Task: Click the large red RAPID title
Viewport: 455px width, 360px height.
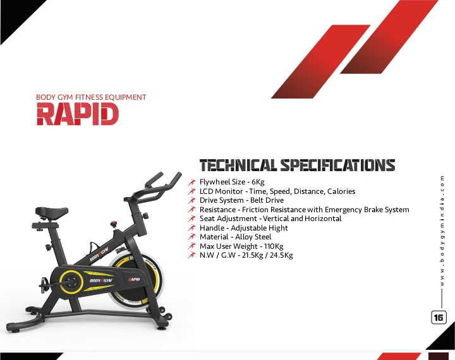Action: tap(78, 114)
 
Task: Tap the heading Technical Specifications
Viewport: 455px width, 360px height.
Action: tap(298, 165)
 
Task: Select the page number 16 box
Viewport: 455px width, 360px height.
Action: tap(439, 317)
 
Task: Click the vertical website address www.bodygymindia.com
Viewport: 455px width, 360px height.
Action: tap(442, 231)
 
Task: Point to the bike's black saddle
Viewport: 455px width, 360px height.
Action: tap(52, 213)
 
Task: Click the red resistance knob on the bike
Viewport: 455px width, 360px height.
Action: tap(114, 224)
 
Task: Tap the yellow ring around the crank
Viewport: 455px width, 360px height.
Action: tap(71, 281)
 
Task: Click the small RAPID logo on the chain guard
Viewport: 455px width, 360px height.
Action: tap(134, 279)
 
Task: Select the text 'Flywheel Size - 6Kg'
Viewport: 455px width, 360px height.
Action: tap(232, 182)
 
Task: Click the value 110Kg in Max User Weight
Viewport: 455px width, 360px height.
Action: tap(274, 246)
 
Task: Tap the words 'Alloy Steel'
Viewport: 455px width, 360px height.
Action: tap(253, 237)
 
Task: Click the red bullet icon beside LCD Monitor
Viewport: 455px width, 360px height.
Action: tap(192, 191)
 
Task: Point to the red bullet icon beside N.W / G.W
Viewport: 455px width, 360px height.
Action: tap(192, 255)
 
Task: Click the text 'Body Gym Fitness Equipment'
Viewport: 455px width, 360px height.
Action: tap(91, 97)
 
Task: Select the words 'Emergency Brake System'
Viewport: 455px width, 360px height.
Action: tap(367, 210)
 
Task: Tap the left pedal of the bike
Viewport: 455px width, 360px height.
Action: tap(44, 282)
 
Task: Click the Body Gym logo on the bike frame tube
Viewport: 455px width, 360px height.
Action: tap(99, 254)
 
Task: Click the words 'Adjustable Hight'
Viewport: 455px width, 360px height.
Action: tap(260, 228)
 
